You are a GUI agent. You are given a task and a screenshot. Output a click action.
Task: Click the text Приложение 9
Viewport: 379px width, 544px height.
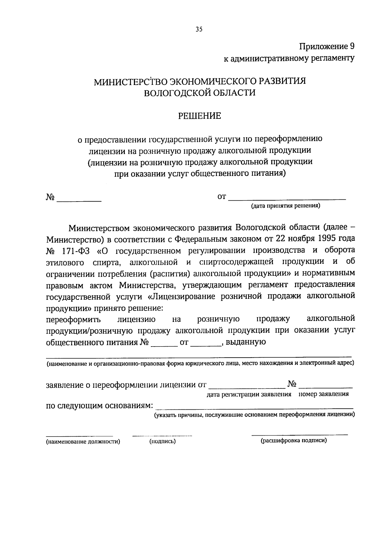click(x=327, y=46)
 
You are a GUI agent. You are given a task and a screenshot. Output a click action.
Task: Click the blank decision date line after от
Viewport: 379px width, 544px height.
click(x=287, y=198)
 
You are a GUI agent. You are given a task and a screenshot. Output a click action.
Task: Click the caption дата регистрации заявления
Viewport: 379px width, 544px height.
click(x=249, y=394)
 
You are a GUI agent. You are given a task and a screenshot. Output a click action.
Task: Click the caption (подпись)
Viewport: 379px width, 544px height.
click(x=162, y=442)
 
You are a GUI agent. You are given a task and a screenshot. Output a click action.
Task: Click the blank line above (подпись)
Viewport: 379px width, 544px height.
click(x=162, y=436)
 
